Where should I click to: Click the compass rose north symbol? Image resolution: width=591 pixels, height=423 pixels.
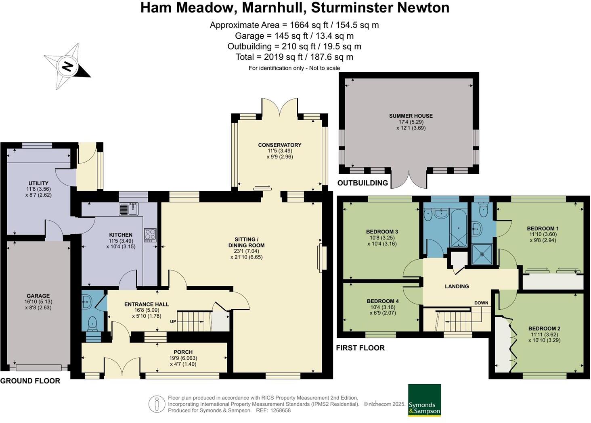[67, 66]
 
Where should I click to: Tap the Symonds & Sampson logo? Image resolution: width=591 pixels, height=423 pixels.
[424, 400]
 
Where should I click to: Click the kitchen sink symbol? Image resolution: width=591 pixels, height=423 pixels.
[129, 209]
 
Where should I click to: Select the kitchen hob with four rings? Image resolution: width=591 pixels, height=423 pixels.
[150, 235]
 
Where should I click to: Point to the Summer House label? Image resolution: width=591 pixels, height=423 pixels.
[411, 116]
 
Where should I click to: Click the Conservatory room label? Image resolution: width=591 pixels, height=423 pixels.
[279, 145]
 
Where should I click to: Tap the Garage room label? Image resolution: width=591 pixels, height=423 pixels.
[38, 296]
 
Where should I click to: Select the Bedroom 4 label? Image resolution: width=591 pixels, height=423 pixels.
[382, 301]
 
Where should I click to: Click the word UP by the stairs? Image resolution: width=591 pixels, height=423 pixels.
[173, 321]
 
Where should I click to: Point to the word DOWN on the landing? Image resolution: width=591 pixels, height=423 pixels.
[481, 303]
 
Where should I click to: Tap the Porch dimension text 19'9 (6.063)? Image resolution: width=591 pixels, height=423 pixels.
[183, 358]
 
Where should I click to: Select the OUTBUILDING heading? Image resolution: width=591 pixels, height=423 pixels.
[362, 183]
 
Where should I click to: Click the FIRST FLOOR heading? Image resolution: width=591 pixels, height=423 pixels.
[360, 348]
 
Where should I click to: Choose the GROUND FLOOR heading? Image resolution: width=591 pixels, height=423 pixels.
[30, 381]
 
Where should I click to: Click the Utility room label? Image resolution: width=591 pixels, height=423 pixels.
[38, 183]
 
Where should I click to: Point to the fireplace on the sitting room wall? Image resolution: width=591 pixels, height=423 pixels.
[322, 258]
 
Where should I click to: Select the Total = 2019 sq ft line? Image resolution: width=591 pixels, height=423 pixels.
[294, 57]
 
